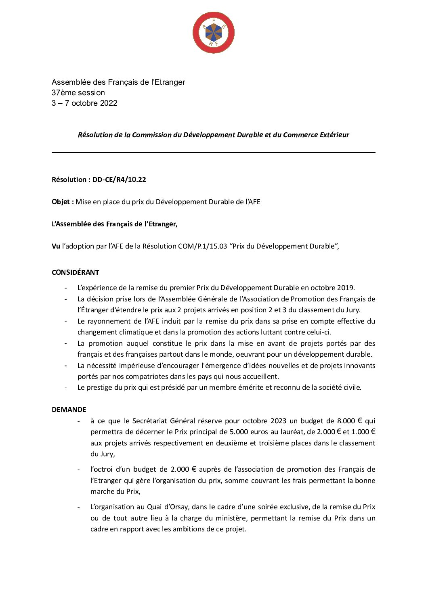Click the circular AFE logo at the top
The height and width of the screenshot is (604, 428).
tap(214, 32)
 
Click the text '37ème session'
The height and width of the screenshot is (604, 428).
tap(78, 92)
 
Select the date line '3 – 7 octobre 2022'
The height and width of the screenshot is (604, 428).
tap(84, 103)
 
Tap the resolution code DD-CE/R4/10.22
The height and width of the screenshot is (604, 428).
tap(119, 180)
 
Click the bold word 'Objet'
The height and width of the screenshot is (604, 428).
tap(61, 202)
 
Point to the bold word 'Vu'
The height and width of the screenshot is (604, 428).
tap(56, 246)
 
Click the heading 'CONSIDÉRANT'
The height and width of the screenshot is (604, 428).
tap(75, 272)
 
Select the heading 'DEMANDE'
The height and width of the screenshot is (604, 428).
tap(69, 410)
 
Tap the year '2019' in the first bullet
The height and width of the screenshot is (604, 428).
tap(345, 288)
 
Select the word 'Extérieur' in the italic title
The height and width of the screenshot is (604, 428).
tap(334, 135)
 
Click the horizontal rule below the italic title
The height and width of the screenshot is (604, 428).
tap(214, 153)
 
